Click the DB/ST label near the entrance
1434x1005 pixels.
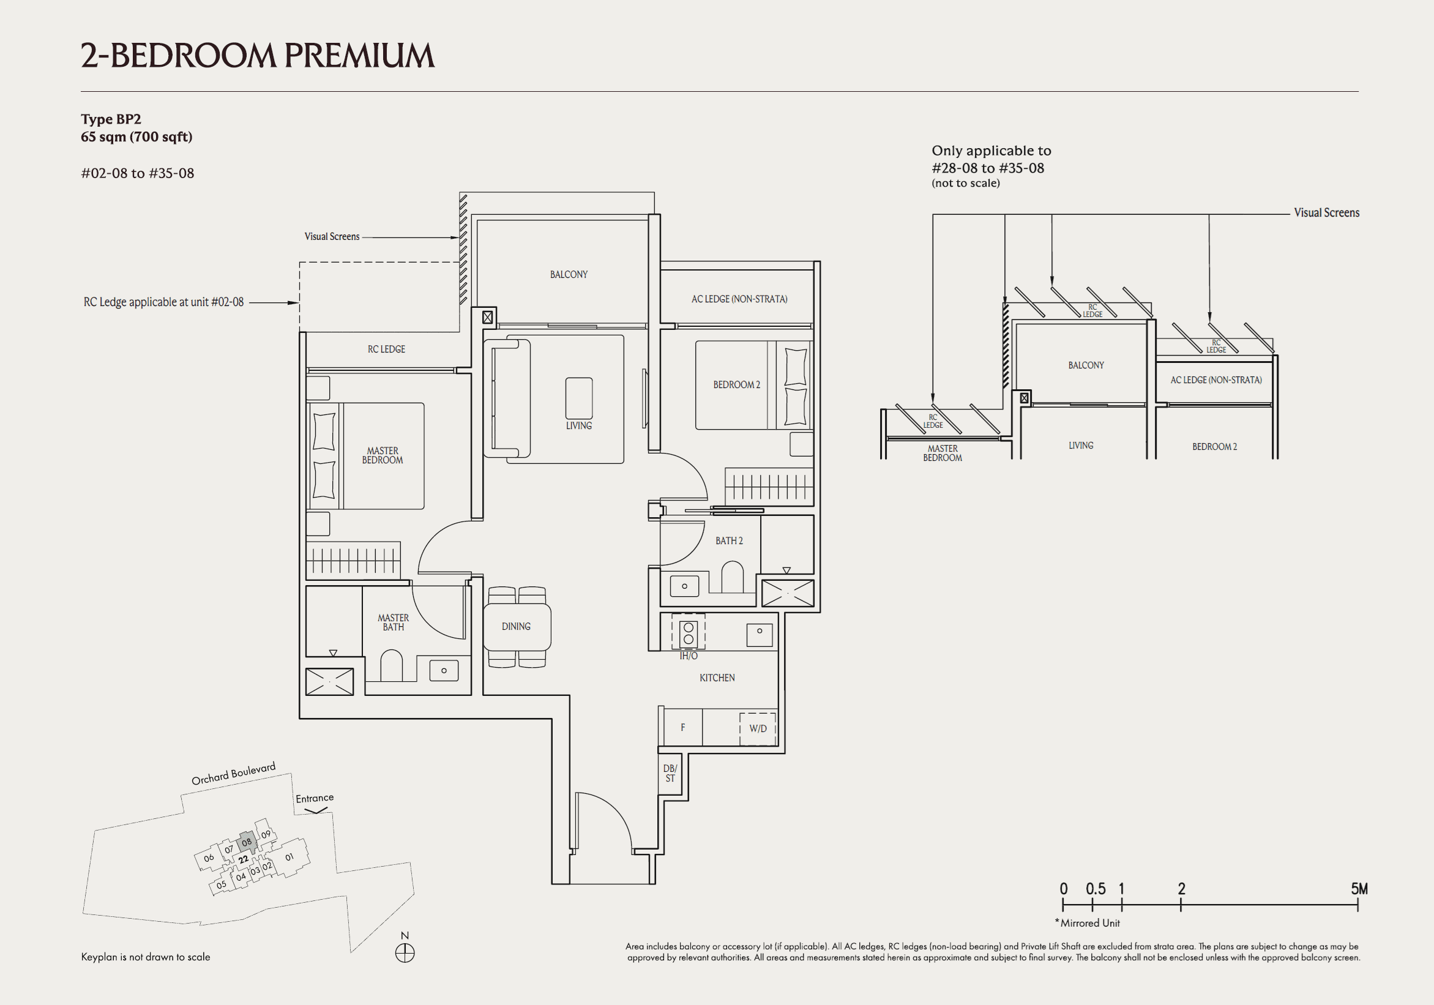(x=670, y=773)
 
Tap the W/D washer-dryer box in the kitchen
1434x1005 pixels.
(x=758, y=728)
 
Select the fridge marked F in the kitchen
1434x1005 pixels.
(x=682, y=727)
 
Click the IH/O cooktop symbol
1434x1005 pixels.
(x=689, y=633)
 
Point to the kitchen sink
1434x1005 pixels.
(x=760, y=635)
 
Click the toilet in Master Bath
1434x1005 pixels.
(x=392, y=666)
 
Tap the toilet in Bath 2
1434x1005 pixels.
(x=732, y=577)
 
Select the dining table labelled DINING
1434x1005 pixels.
(x=517, y=627)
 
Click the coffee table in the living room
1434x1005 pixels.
(x=579, y=398)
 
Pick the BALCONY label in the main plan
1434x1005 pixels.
(x=569, y=274)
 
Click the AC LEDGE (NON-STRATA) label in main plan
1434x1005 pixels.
(x=739, y=299)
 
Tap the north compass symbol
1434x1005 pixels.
(x=405, y=952)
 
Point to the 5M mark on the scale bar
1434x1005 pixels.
(x=1359, y=889)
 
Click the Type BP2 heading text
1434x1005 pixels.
(x=111, y=119)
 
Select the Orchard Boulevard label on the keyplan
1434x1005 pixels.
(x=233, y=774)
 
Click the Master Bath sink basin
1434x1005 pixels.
(x=444, y=670)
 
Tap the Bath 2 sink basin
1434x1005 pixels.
(x=684, y=586)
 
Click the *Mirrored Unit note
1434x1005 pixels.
(x=1088, y=922)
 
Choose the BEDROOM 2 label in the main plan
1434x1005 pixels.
(x=736, y=385)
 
